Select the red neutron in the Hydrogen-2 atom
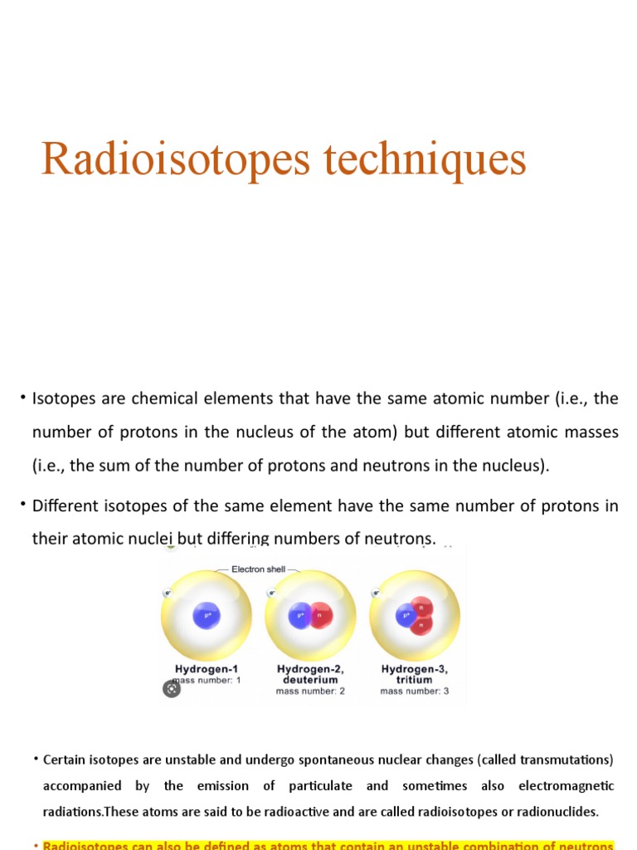point(319,615)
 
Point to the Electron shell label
point(258,569)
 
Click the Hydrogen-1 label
point(207,668)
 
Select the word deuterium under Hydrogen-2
point(310,679)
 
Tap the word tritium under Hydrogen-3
point(415,679)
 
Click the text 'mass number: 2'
point(310,691)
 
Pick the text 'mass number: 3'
point(415,691)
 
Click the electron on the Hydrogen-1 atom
point(168,594)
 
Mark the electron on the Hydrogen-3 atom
point(377,594)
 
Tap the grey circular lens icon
point(171,688)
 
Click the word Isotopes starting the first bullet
point(64,398)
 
